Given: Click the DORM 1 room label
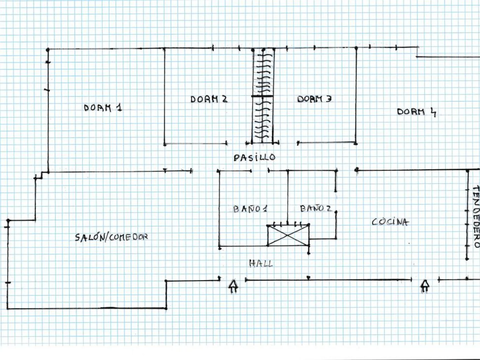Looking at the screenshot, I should [103, 108].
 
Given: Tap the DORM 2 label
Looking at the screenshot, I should [209, 99].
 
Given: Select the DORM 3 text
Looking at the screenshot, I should [314, 99].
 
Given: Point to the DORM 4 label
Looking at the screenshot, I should [416, 112].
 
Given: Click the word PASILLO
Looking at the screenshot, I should [254, 157].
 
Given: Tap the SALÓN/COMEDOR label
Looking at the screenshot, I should [111, 237].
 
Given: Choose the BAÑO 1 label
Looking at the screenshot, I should [250, 209].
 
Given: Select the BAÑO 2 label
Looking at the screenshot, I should [316, 209].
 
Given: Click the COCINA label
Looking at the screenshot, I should [390, 222].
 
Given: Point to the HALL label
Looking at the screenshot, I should [261, 264].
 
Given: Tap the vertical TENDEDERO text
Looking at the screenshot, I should [476, 217].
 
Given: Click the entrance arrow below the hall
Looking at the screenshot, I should [234, 286].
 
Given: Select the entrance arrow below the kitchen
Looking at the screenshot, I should [425, 286].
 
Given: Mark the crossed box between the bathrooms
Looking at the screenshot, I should [288, 236].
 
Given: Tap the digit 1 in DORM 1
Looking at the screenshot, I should [119, 107].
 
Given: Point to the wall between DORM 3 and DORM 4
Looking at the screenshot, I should [356, 97].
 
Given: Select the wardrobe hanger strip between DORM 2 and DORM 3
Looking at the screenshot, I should [263, 97].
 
